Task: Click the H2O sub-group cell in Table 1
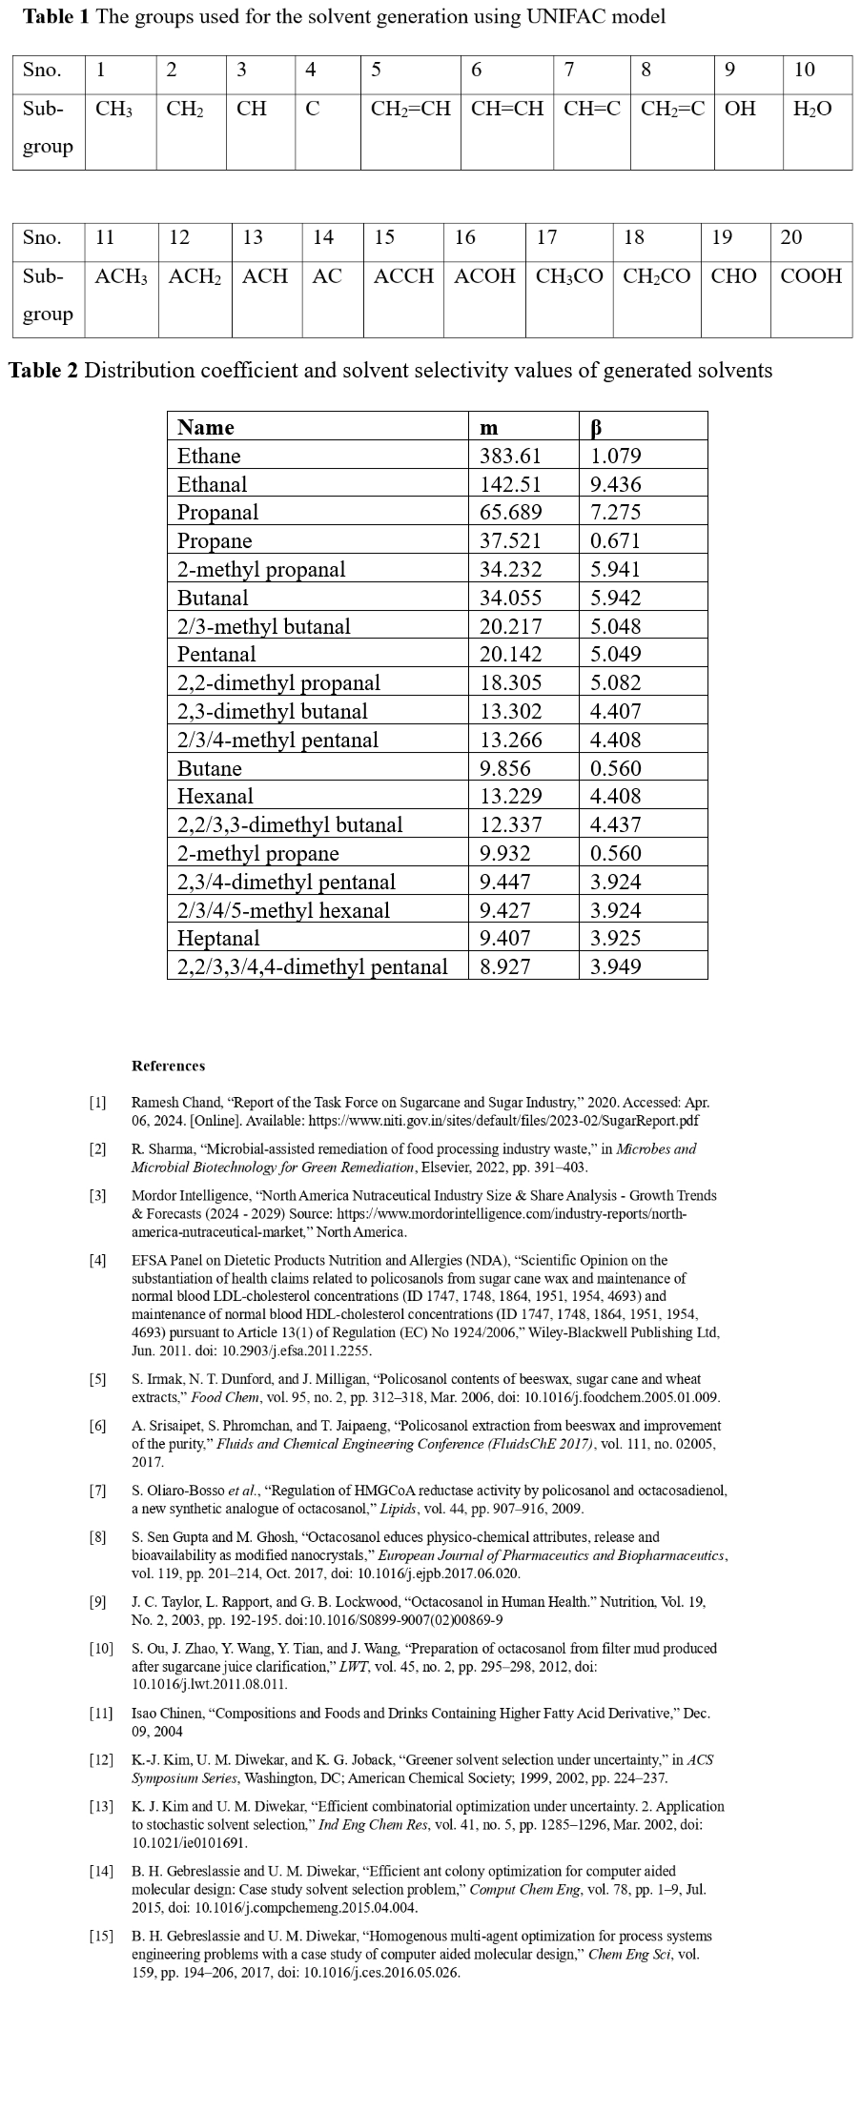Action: coord(812,109)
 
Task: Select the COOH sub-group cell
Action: coord(810,276)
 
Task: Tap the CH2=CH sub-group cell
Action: coord(410,109)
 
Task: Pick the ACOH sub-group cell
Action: coord(484,276)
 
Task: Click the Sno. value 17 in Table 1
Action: coord(546,237)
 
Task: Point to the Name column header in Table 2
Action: coord(205,427)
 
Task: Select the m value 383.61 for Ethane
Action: coord(510,456)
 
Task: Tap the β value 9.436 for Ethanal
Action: coord(616,484)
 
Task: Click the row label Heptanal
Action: coord(218,938)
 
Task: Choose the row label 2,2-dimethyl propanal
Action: coord(278,682)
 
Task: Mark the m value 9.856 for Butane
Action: coord(504,768)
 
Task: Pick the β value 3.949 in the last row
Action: coord(616,966)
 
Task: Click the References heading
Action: coord(168,1066)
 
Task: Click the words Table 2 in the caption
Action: coord(44,370)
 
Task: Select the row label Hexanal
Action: coord(215,796)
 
